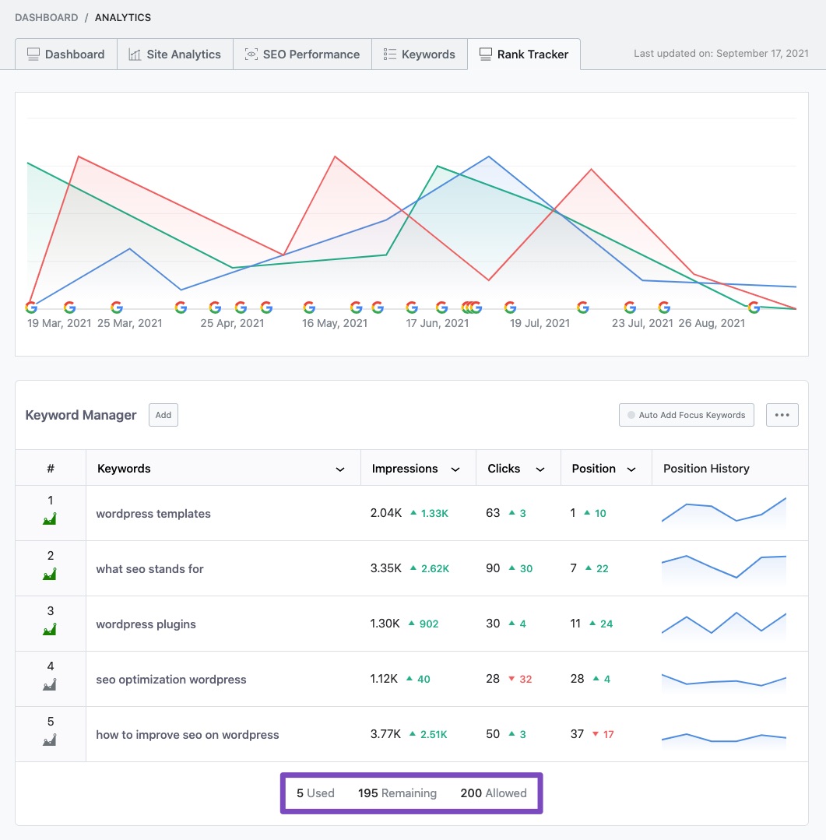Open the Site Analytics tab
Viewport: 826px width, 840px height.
coord(175,54)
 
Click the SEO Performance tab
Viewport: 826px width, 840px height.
coord(302,54)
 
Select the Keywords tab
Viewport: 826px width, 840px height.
coord(420,54)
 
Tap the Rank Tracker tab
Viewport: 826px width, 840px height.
coord(523,54)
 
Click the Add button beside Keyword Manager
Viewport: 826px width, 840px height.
coord(163,415)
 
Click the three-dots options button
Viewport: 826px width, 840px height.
coord(782,415)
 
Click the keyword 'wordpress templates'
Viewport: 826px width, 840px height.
coord(153,514)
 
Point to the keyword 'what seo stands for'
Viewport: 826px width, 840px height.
coord(149,569)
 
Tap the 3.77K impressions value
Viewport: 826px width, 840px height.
coord(385,734)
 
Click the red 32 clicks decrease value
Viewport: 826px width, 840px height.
coord(525,679)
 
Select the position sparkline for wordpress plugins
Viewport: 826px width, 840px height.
coord(723,624)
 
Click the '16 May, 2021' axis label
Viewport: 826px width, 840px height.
coord(334,323)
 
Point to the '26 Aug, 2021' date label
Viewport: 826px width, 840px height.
coord(711,323)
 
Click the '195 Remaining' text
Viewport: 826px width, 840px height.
coord(397,793)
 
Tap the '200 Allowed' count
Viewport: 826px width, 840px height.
coord(493,793)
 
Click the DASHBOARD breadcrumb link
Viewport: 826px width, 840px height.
coord(47,17)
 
